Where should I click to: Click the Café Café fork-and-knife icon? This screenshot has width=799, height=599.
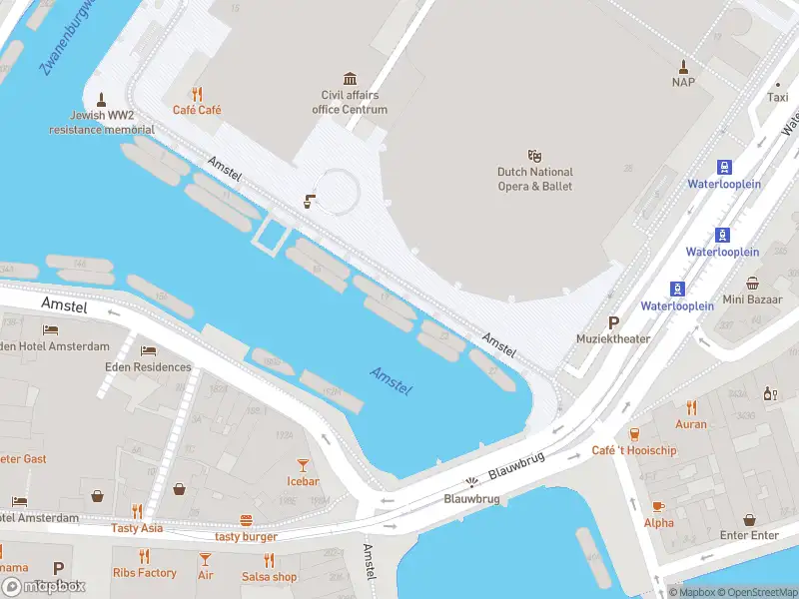(198, 94)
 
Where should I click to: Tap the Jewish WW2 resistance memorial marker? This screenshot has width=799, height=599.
(101, 99)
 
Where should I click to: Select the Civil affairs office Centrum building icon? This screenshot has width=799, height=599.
(350, 79)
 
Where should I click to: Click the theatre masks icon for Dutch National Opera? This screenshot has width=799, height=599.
(534, 156)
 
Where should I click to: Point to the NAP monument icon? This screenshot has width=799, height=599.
(683, 67)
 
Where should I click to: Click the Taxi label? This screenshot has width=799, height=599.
(777, 98)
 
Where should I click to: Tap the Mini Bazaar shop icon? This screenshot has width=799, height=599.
(751, 283)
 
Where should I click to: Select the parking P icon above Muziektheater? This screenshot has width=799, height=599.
(613, 322)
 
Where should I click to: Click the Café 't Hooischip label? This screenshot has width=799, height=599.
(633, 450)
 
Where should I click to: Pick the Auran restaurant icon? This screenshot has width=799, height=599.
(690, 407)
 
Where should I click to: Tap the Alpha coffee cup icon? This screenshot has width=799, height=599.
(658, 506)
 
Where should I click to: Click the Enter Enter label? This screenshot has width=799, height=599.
(749, 536)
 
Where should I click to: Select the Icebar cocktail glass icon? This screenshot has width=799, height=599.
(303, 465)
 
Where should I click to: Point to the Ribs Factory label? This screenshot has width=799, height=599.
(144, 573)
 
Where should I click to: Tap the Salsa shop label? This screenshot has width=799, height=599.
(270, 577)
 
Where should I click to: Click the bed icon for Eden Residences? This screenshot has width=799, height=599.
(148, 351)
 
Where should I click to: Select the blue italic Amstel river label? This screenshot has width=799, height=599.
(392, 380)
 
